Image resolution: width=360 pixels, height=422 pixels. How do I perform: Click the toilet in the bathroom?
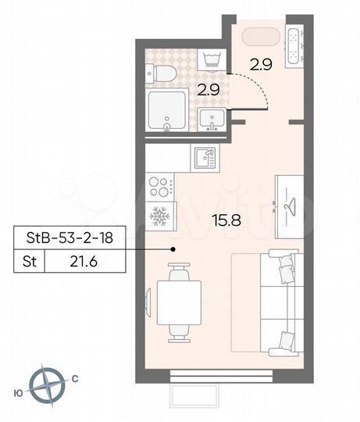[160, 73]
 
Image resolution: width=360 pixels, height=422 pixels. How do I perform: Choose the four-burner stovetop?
[159, 187]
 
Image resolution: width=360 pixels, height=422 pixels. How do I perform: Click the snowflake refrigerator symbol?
[159, 215]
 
